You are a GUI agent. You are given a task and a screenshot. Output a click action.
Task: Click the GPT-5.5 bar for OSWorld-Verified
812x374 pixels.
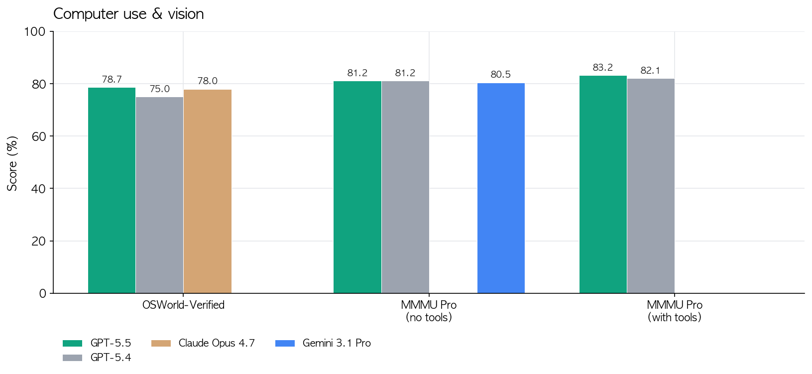[112, 190]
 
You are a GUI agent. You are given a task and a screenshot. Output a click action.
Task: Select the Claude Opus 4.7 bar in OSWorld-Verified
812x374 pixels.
[207, 191]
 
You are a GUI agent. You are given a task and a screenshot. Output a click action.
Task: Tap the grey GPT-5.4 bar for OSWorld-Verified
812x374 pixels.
[159, 195]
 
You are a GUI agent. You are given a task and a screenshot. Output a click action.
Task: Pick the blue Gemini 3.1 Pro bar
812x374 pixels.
[501, 188]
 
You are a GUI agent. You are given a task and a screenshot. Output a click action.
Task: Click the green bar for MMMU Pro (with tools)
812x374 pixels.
[603, 184]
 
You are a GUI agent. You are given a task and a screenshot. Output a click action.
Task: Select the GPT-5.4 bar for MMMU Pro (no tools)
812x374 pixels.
[405, 187]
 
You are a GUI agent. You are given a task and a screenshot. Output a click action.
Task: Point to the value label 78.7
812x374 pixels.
[112, 80]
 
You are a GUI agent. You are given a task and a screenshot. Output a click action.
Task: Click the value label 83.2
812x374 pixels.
[603, 68]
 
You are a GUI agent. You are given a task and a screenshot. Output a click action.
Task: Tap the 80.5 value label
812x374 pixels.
[501, 75]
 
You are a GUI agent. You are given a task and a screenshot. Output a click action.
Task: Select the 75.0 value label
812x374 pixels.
[159, 89]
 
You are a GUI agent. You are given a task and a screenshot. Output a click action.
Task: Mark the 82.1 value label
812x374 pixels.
[651, 71]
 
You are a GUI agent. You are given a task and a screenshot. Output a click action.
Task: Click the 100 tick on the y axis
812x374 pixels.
[35, 32]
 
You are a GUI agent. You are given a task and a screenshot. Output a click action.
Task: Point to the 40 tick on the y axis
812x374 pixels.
[38, 189]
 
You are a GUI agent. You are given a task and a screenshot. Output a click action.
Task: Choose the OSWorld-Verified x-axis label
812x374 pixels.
[183, 305]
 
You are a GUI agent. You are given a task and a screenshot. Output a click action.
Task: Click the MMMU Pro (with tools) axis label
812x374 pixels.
[675, 311]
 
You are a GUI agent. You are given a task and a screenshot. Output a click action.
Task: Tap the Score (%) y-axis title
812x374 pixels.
[12, 163]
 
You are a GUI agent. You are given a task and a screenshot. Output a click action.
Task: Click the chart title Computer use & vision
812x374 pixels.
[128, 14]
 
